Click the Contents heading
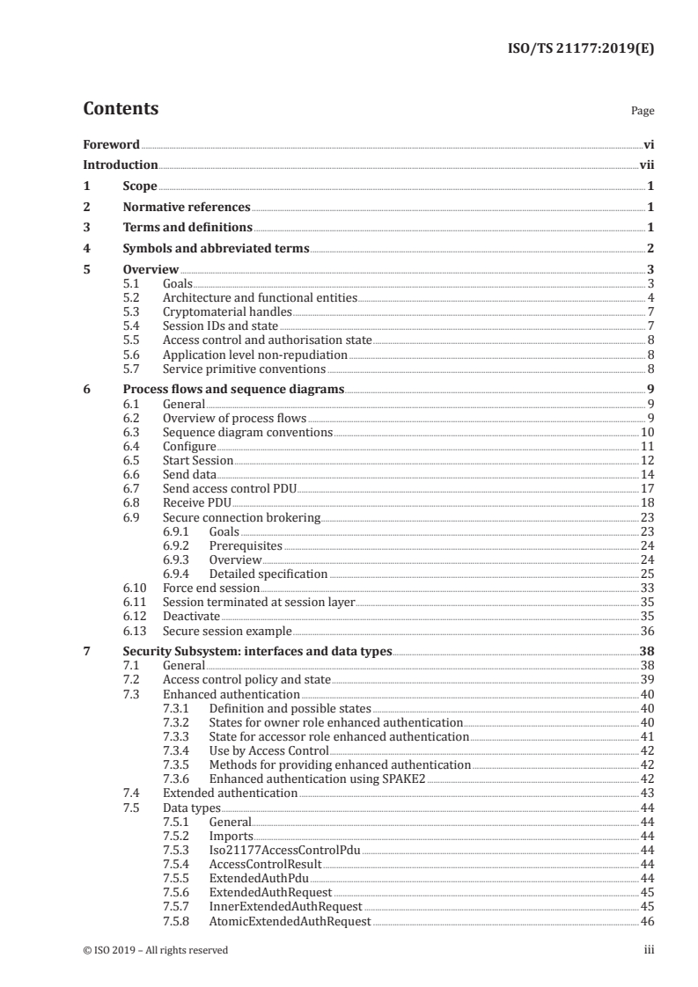coord(121,109)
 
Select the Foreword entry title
coord(111,144)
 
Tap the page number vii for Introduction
coord(646,164)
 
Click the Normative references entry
coord(187,207)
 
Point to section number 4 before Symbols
coord(86,248)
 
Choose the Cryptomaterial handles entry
coord(227,311)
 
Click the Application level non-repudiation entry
coord(255,355)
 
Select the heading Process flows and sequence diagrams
coord(233,389)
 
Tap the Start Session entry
coord(198,461)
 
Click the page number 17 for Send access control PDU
coord(646,489)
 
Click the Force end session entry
coord(211,588)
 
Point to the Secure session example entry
coord(227,631)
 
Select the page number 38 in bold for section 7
coord(645,652)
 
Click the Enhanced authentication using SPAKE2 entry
coord(317,779)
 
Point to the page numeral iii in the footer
coord(649,950)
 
